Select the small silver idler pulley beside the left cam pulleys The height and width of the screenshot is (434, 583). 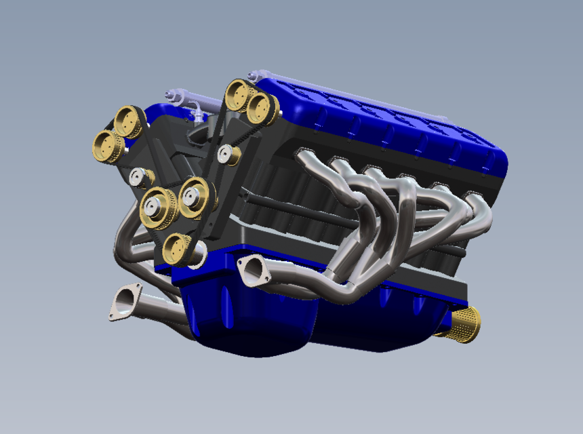click(x=141, y=178)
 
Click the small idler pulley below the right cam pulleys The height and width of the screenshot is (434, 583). click(x=228, y=155)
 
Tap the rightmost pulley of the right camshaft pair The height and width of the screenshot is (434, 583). click(x=260, y=107)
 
